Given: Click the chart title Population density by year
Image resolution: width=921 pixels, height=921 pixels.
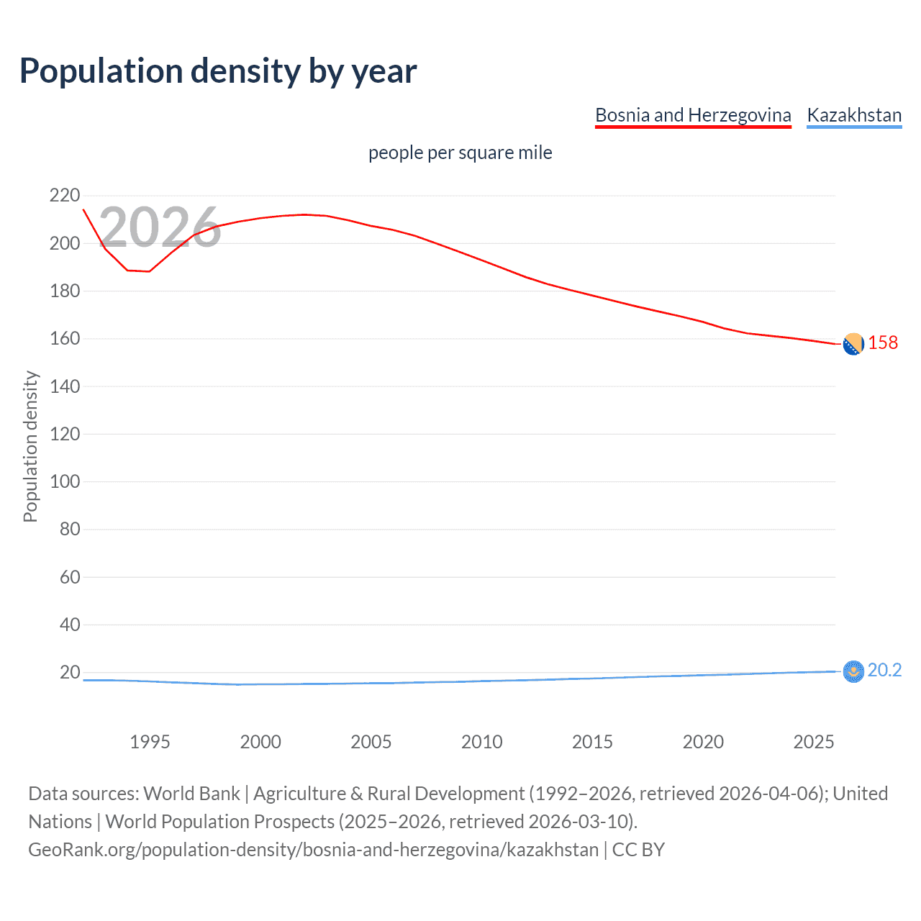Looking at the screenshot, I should pyautogui.click(x=218, y=71).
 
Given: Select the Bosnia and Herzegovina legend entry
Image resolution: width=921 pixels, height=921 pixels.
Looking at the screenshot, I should pyautogui.click(x=693, y=115).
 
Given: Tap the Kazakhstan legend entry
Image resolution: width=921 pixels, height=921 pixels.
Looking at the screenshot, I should pyautogui.click(x=854, y=115).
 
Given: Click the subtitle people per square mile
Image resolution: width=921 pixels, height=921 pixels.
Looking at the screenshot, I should pyautogui.click(x=460, y=153).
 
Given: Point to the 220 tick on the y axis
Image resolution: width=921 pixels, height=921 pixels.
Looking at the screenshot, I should pyautogui.click(x=65, y=196).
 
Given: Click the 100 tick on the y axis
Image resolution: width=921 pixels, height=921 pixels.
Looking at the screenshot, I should pyautogui.click(x=65, y=481).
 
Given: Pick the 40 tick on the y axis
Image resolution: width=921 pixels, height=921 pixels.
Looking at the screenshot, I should pyautogui.click(x=69, y=625).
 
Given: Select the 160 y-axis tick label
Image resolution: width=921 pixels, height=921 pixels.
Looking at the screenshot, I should pyautogui.click(x=65, y=338).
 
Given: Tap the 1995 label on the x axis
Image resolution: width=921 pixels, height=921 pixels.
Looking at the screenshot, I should pyautogui.click(x=150, y=742).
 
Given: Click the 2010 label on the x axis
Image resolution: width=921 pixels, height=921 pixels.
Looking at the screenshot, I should pyautogui.click(x=481, y=742).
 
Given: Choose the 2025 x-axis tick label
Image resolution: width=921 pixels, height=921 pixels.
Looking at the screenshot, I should pyautogui.click(x=813, y=742).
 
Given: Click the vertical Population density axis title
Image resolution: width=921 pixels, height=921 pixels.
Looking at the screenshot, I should pyautogui.click(x=30, y=446).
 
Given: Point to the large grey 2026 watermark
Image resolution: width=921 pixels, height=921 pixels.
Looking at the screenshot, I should pyautogui.click(x=160, y=227).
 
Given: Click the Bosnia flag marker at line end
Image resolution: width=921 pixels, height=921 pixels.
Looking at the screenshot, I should pyautogui.click(x=853, y=345).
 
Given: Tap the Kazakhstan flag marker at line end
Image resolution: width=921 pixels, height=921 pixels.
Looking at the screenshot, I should pyautogui.click(x=853, y=671).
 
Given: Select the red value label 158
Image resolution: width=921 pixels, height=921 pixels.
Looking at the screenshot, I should pyautogui.click(x=883, y=342).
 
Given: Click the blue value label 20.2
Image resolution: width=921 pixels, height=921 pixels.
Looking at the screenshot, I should pyautogui.click(x=884, y=670).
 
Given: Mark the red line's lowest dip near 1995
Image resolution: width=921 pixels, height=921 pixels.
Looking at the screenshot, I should pyautogui.click(x=148, y=271).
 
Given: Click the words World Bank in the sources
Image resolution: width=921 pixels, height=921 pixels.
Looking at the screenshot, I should pyautogui.click(x=191, y=794).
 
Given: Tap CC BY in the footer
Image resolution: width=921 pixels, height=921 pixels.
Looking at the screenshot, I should pyautogui.click(x=638, y=850).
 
